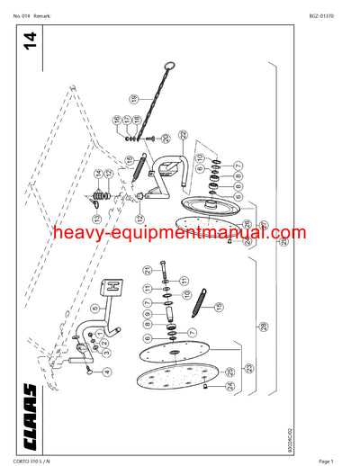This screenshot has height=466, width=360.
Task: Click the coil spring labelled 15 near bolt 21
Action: (200, 295)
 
